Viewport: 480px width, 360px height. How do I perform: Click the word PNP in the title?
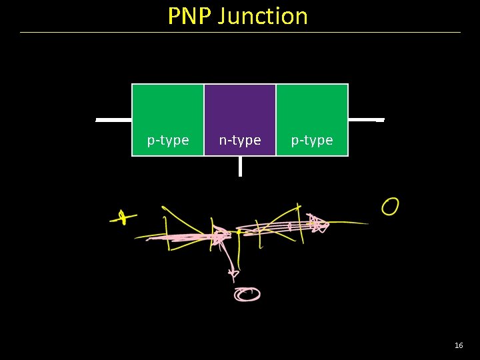pos(190,15)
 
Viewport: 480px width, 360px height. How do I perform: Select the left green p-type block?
pos(168,110)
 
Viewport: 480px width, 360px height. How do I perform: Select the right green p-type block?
pos(312,110)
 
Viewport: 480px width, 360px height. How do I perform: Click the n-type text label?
pos(240,141)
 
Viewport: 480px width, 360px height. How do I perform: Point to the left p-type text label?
pos(168,141)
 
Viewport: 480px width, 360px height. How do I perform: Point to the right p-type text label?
pos(312,141)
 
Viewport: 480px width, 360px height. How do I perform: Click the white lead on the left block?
pos(113,121)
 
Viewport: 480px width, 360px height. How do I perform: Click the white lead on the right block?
pos(366,120)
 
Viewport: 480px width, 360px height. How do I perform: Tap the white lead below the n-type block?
pos(240,166)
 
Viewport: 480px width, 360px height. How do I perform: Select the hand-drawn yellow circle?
pos(390,207)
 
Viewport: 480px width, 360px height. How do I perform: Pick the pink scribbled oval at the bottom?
pos(247,294)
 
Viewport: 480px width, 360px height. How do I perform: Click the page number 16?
pos(459,345)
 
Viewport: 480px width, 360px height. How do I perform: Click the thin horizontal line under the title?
pos(240,32)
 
